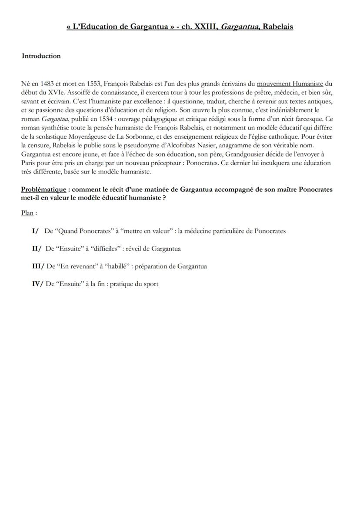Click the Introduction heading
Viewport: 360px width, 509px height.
coord(41,56)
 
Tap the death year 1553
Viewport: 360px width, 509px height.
coord(92,83)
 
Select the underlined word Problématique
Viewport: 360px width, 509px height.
coord(43,190)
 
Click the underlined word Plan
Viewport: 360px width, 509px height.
coord(27,213)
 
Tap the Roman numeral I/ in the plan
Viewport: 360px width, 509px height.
coord(35,231)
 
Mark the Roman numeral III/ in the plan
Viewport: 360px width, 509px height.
coord(38,266)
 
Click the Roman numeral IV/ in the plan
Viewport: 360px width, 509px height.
coord(38,284)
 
